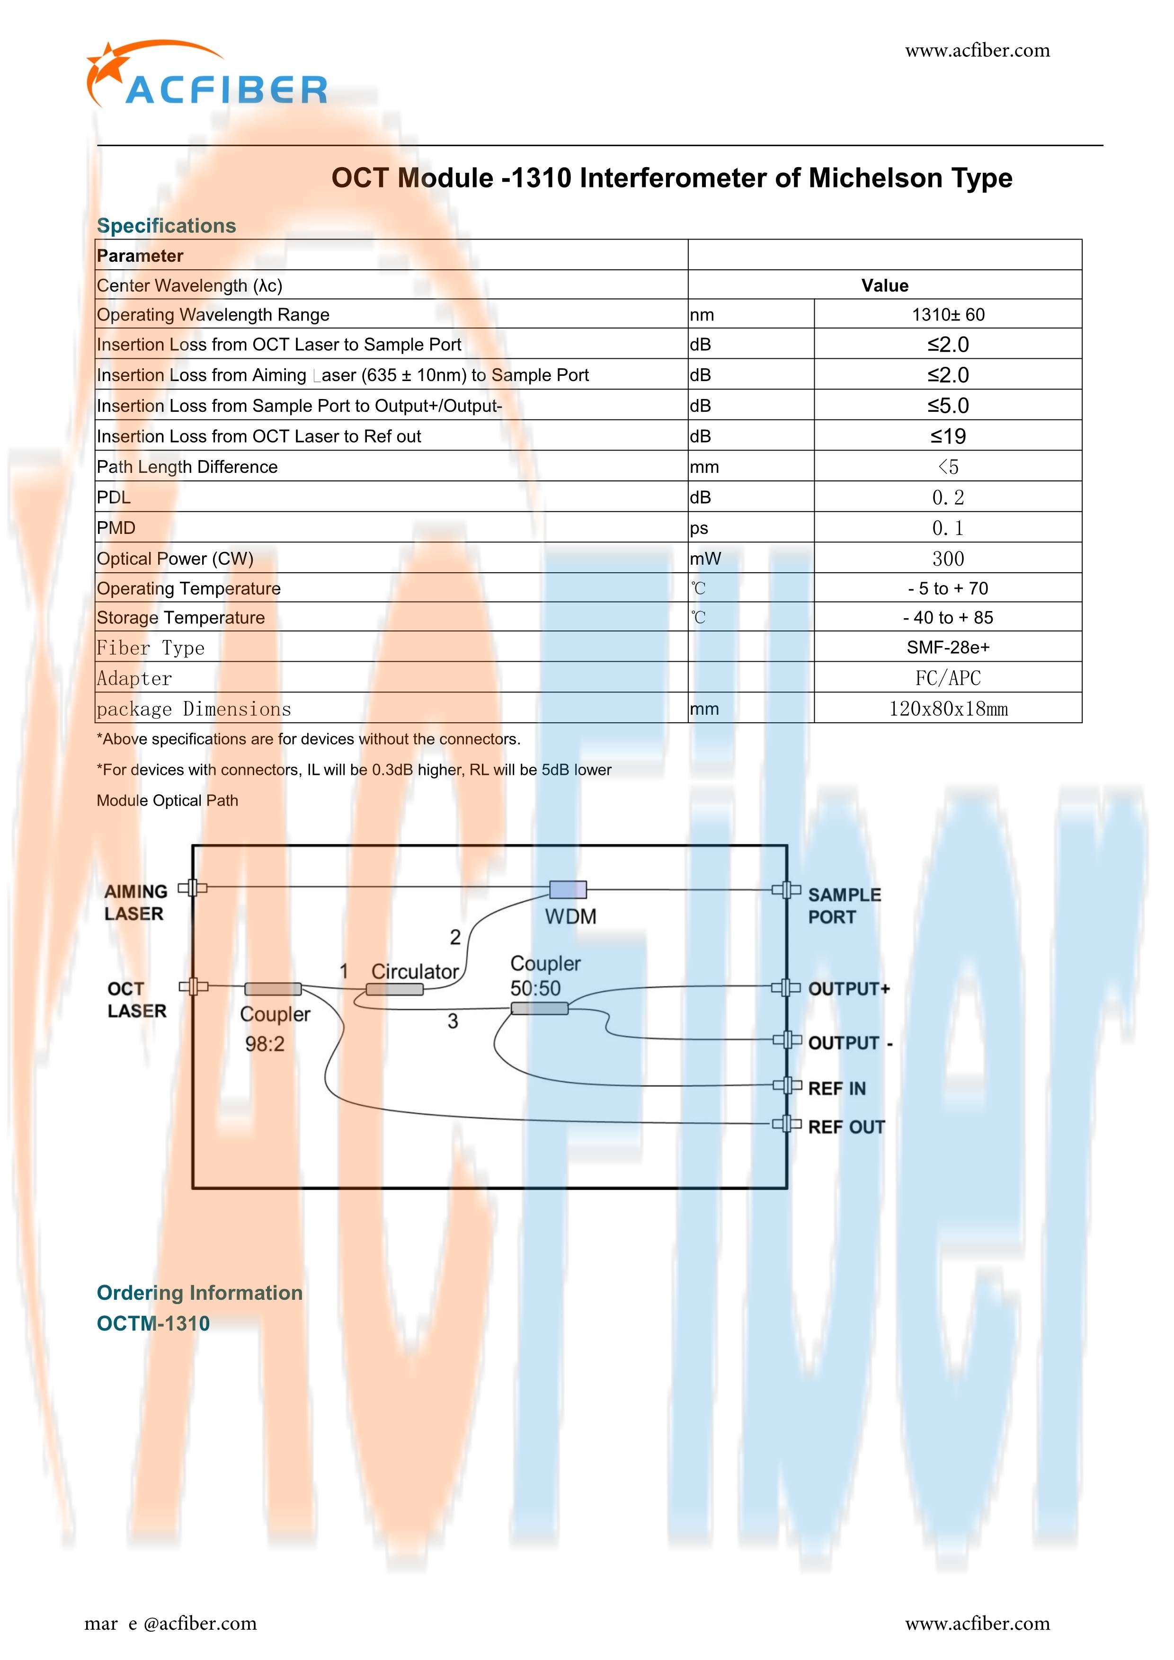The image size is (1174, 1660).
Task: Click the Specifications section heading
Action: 166,226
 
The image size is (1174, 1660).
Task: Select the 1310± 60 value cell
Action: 948,314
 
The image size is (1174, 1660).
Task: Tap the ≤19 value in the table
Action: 948,436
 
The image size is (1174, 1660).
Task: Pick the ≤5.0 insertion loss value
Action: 948,406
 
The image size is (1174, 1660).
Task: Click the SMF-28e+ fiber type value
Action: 948,647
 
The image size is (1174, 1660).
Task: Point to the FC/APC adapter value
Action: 948,678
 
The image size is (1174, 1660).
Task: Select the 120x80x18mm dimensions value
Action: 948,709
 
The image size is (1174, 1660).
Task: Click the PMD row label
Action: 116,528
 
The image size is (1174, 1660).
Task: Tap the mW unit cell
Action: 705,558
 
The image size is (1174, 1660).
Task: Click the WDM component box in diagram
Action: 568,889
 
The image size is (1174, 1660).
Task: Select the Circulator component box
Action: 395,989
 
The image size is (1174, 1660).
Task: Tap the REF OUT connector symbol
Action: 786,1124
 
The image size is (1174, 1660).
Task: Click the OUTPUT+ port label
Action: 849,988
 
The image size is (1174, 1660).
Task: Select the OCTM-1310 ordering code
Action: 153,1323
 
